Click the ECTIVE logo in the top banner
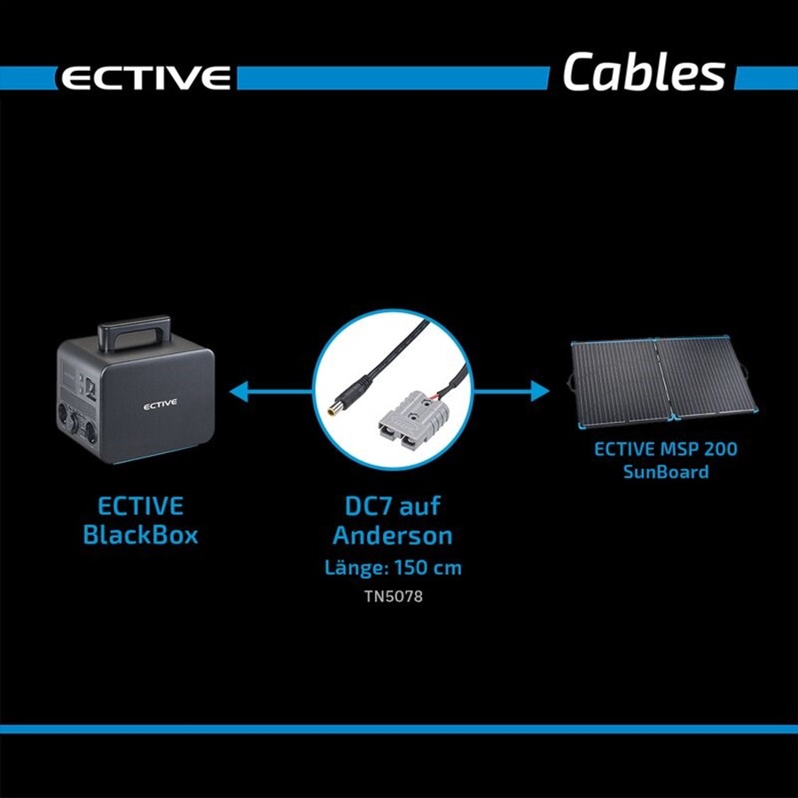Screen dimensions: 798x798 [x=145, y=78]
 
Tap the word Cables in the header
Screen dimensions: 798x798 [x=644, y=72]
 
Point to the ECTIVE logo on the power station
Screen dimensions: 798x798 [x=160, y=404]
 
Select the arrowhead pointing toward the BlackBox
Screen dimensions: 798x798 [x=239, y=391]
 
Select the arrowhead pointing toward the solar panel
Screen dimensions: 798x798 [x=540, y=391]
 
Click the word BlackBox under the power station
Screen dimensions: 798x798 [x=140, y=536]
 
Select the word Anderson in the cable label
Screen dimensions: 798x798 [x=393, y=536]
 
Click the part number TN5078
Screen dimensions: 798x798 [x=394, y=596]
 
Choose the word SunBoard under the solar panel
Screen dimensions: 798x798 [x=666, y=472]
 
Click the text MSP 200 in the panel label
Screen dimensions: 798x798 [x=699, y=449]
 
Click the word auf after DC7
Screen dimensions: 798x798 [x=420, y=506]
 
